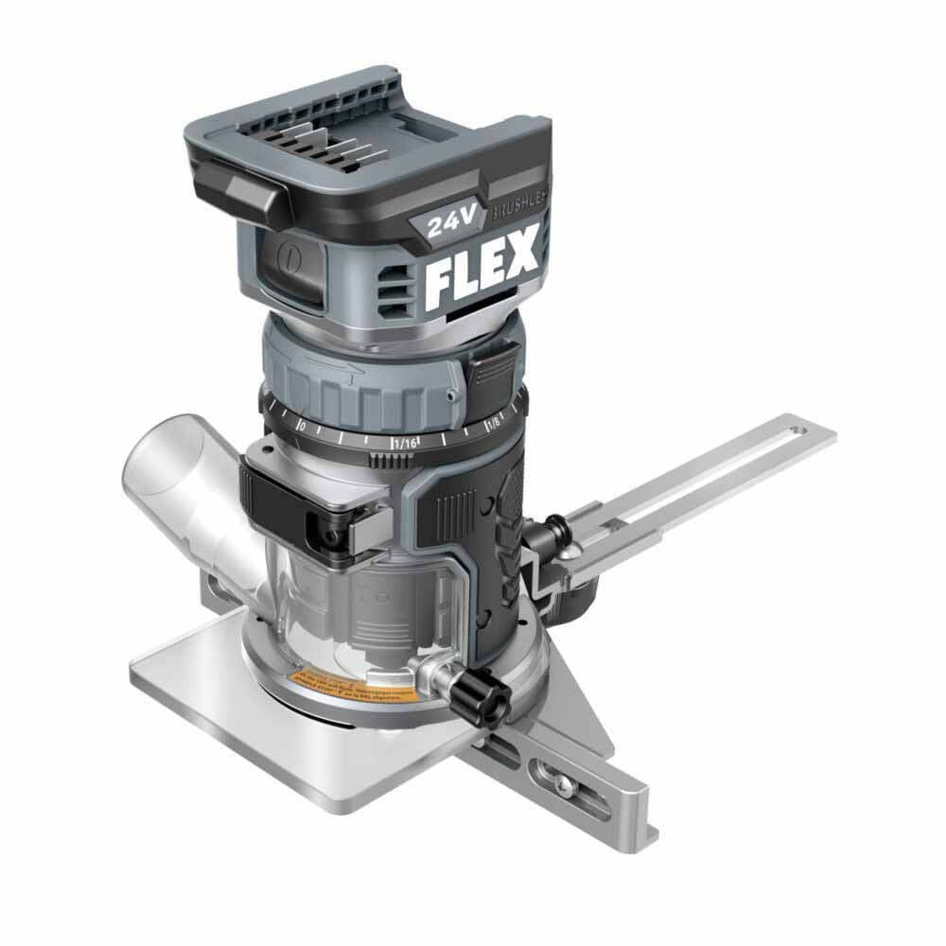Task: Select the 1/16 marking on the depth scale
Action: click(x=405, y=440)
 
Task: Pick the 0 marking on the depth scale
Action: click(x=302, y=426)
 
